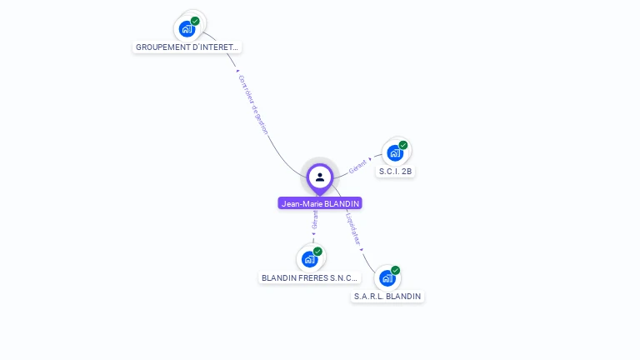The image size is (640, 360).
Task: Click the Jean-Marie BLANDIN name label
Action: [x=320, y=203]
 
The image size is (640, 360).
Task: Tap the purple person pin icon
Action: [x=320, y=177]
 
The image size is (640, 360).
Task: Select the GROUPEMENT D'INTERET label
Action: [x=187, y=47]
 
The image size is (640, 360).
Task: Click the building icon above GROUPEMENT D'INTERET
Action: [x=187, y=28]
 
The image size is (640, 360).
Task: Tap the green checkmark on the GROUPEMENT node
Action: [x=195, y=21]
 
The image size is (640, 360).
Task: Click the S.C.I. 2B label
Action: [x=396, y=172]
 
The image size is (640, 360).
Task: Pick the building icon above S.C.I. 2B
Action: [x=395, y=152]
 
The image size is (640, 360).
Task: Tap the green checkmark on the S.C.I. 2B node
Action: [x=403, y=145]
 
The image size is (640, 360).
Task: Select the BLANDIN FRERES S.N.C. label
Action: [x=309, y=277]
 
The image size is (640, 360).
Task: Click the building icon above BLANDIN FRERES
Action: [x=309, y=258]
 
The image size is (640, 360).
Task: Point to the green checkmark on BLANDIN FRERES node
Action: [x=317, y=251]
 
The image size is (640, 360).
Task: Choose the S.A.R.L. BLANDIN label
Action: [x=387, y=296]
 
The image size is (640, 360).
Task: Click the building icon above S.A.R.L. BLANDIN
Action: [x=387, y=277]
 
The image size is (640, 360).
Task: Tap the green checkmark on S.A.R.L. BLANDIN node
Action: [x=395, y=270]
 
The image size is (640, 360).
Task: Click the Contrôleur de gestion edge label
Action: [x=253, y=104]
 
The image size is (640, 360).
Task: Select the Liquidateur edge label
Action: [x=353, y=226]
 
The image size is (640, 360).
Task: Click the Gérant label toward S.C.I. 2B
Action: [x=357, y=166]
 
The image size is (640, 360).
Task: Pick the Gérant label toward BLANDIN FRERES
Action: [x=314, y=219]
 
